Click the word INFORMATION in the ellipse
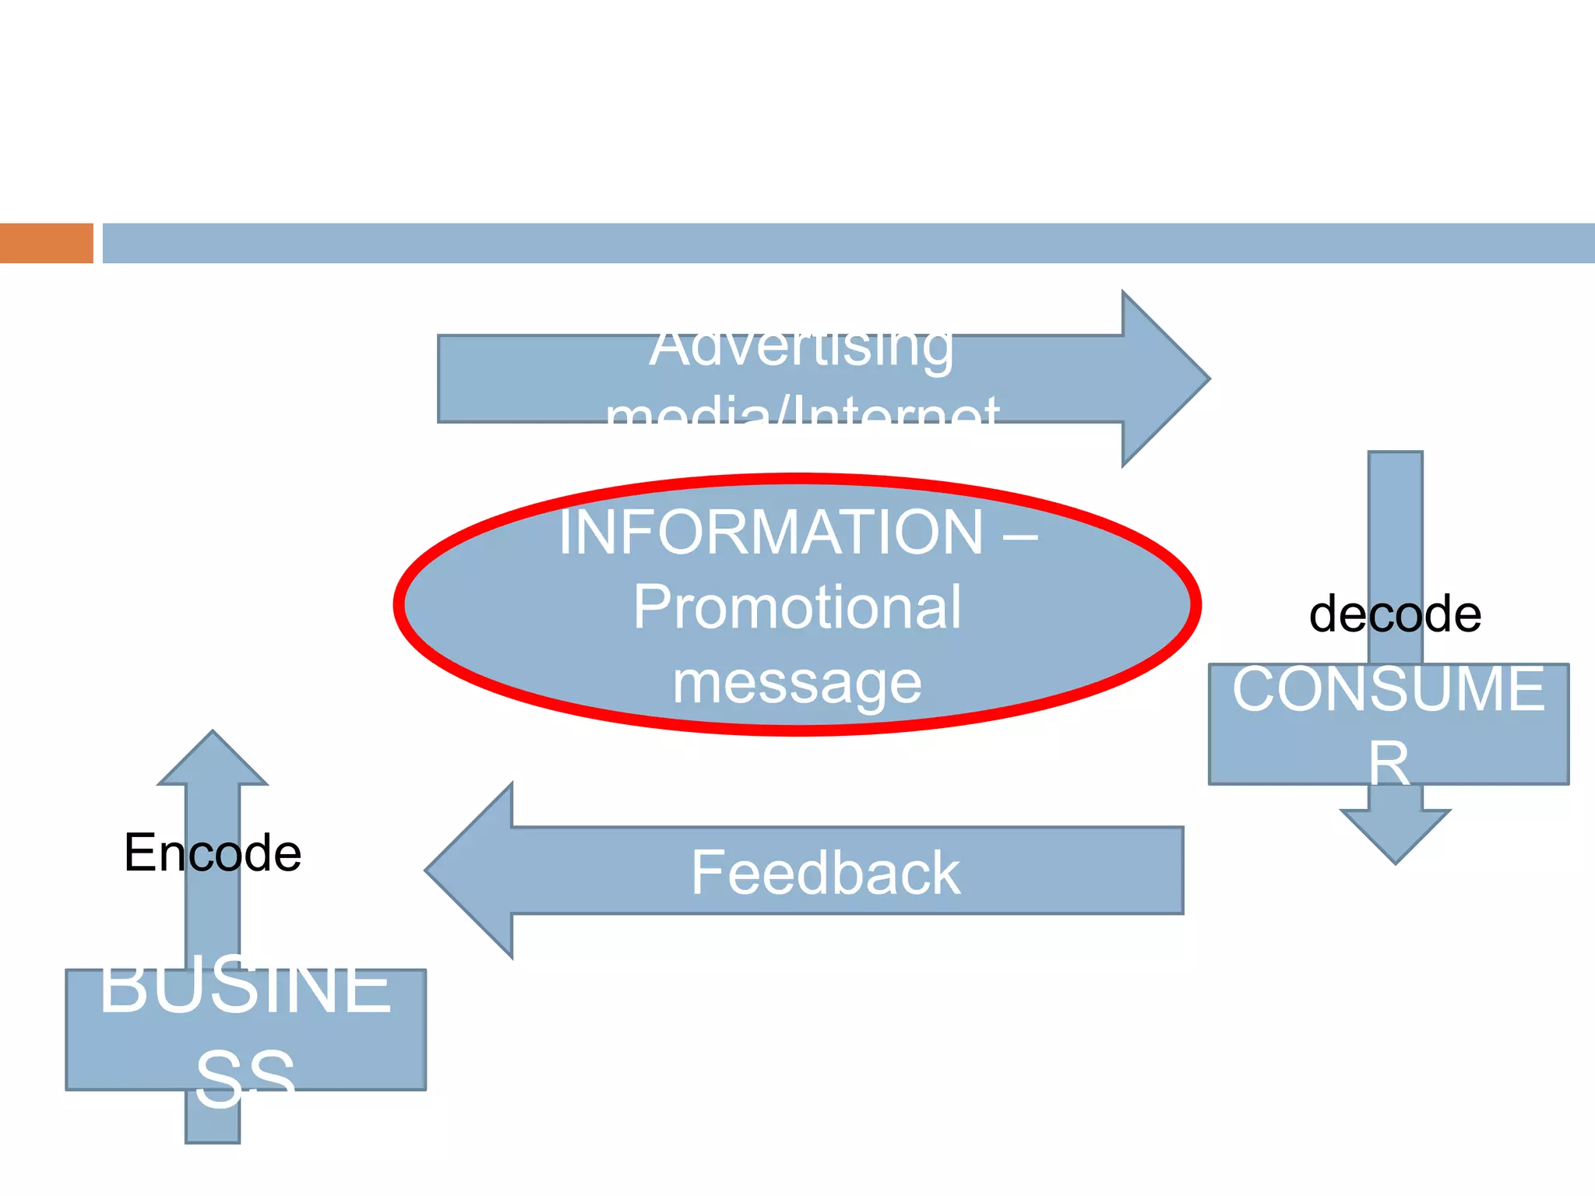[x=771, y=533]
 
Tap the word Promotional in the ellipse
[x=797, y=607]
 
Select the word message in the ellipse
[x=797, y=683]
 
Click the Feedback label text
[x=826, y=873]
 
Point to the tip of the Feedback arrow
[x=433, y=871]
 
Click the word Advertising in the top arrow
[x=801, y=349]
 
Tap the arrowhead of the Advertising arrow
[x=1168, y=379]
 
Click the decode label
[x=1394, y=614]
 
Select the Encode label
[x=212, y=853]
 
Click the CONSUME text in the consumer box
[x=1388, y=690]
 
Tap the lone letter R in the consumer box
[x=1389, y=763]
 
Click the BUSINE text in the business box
[x=245, y=987]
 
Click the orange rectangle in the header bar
[x=46, y=243]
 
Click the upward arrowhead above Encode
[x=213, y=759]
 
